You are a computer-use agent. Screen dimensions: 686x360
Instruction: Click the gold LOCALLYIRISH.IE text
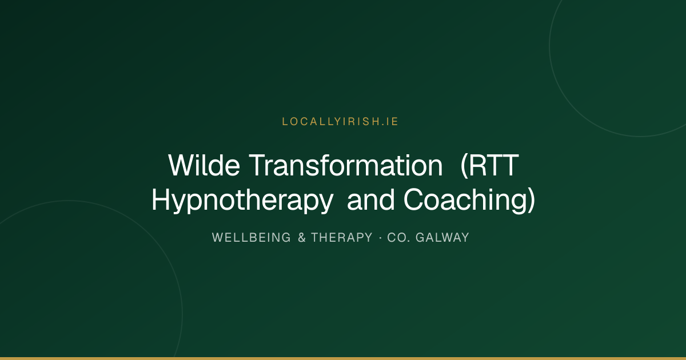pyautogui.click(x=340, y=122)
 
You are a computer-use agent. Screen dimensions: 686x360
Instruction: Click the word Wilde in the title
pyautogui.click(x=204, y=165)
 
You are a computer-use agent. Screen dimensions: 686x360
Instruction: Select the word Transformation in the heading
pyautogui.click(x=346, y=165)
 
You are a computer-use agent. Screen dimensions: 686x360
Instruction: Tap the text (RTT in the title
pyautogui.click(x=489, y=166)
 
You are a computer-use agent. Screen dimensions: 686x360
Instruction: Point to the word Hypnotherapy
pyautogui.click(x=242, y=201)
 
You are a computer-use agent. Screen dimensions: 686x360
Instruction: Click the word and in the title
pyautogui.click(x=370, y=199)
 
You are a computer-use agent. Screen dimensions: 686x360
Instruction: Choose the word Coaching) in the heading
pyautogui.click(x=469, y=201)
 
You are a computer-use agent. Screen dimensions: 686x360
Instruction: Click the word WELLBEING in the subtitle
pyautogui.click(x=251, y=238)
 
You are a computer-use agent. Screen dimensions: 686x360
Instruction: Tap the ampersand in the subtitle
pyautogui.click(x=302, y=238)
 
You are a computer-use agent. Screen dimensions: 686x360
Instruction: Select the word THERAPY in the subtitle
pyautogui.click(x=342, y=238)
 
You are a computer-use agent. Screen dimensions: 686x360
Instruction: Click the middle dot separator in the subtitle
pyautogui.click(x=380, y=238)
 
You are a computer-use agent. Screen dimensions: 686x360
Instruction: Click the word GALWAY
pyautogui.click(x=442, y=238)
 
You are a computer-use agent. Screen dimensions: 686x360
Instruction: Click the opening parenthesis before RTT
pyautogui.click(x=465, y=166)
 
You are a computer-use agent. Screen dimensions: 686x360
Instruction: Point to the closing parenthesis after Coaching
pyautogui.click(x=531, y=201)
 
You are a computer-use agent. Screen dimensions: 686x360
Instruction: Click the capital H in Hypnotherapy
pyautogui.click(x=161, y=199)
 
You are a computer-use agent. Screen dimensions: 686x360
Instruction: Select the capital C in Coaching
pyautogui.click(x=413, y=199)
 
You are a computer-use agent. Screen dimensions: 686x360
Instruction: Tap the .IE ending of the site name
pyautogui.click(x=389, y=122)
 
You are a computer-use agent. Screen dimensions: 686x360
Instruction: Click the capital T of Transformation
pyautogui.click(x=258, y=165)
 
